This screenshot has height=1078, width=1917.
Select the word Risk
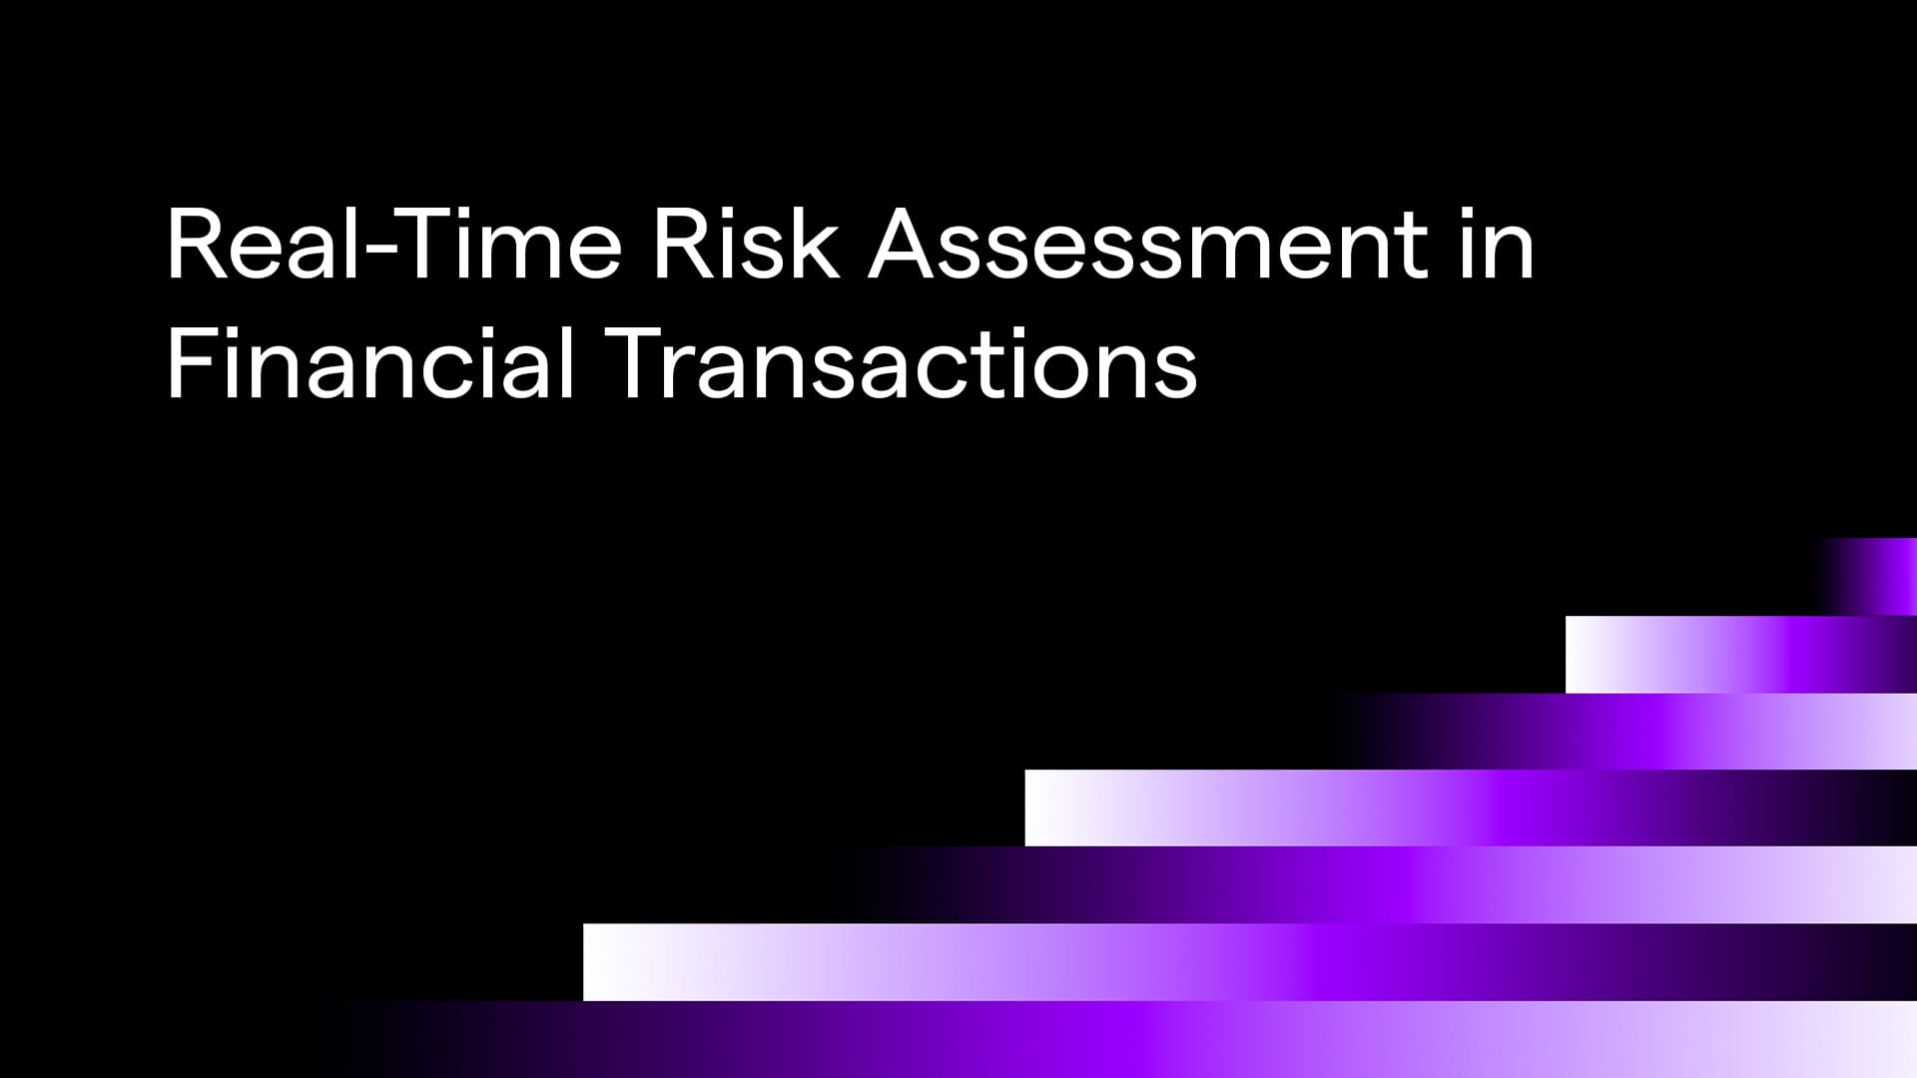[746, 244]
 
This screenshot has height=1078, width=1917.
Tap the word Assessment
[1148, 244]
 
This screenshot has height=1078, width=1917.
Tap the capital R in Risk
[683, 245]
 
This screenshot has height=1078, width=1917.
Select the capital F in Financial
[189, 363]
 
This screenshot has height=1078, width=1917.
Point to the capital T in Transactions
[634, 363]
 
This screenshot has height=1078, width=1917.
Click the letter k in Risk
[815, 243]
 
